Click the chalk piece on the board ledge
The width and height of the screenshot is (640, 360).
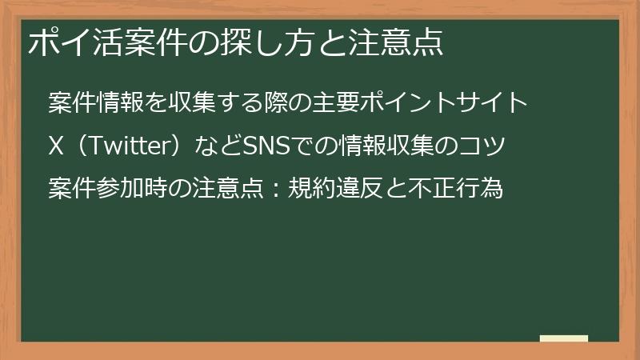tap(563, 338)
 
